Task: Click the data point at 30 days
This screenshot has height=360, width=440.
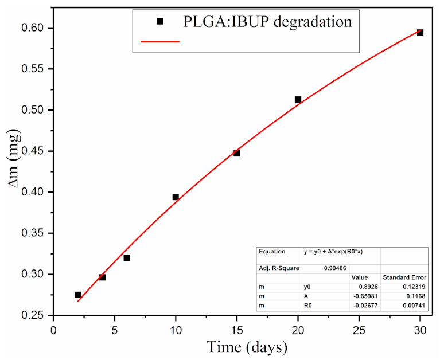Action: [420, 32]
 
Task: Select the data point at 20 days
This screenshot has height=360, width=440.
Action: [298, 99]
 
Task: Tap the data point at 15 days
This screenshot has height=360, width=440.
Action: [236, 153]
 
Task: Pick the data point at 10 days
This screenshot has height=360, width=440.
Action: [176, 197]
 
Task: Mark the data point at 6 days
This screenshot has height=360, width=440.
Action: [127, 257]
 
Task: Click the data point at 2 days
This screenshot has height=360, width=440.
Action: [77, 295]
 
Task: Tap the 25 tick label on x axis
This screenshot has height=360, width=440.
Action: [359, 331]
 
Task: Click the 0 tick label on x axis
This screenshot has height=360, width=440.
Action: [53, 331]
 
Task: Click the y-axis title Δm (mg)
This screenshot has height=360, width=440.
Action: [14, 172]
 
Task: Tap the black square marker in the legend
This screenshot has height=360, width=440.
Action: [160, 22]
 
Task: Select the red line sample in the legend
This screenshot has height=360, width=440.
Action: [160, 41]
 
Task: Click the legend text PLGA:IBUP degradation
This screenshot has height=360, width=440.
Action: [267, 22]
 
